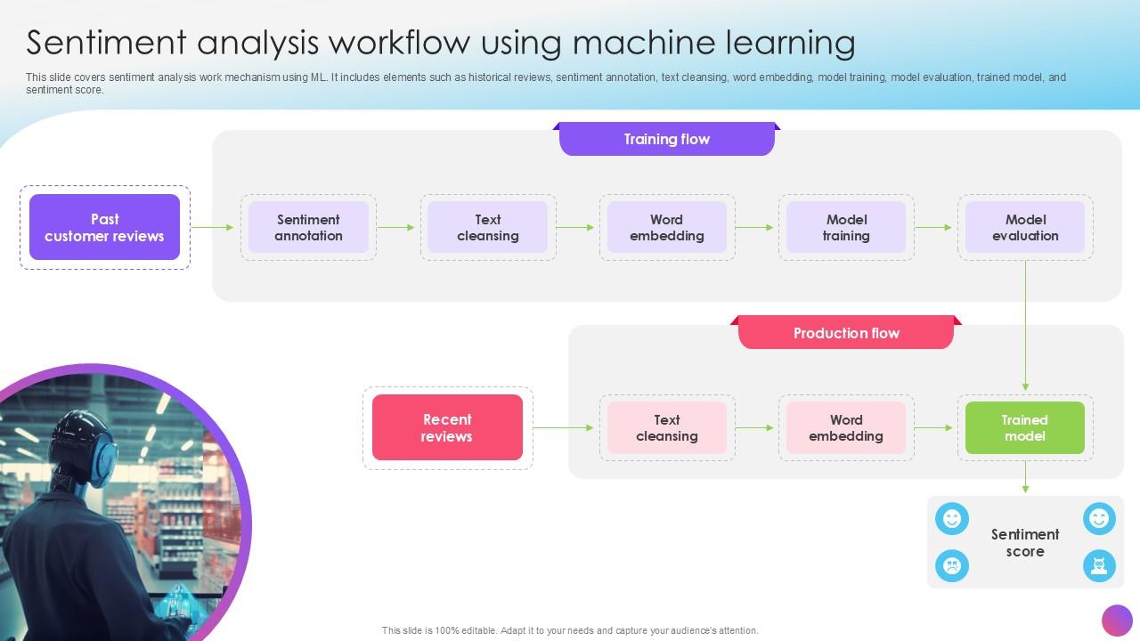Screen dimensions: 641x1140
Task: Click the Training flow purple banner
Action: pyautogui.click(x=666, y=140)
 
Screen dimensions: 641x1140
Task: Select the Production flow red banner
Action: pyautogui.click(x=846, y=333)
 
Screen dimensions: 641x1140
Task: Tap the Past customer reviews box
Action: pyautogui.click(x=104, y=228)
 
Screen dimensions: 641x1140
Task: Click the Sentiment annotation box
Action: pyautogui.click(x=308, y=228)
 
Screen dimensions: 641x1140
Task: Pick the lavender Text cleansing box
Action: pyautogui.click(x=488, y=228)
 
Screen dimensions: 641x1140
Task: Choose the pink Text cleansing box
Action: pyautogui.click(x=667, y=428)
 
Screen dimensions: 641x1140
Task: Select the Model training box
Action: pyautogui.click(x=846, y=228)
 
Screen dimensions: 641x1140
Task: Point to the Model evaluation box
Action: pyautogui.click(x=1025, y=228)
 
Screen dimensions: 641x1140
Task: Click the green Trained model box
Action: pyautogui.click(x=1025, y=428)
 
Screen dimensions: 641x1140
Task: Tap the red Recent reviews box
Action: pyautogui.click(x=447, y=428)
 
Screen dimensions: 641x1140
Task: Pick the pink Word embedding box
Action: pyautogui.click(x=846, y=428)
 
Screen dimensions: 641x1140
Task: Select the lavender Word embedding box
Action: pyautogui.click(x=667, y=228)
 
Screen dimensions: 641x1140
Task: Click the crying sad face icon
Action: pyautogui.click(x=952, y=565)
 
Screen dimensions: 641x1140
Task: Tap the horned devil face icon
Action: pyautogui.click(x=1099, y=565)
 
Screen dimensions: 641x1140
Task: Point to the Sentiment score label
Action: pyautogui.click(x=1025, y=542)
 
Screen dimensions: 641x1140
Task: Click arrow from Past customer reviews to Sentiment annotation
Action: pyautogui.click(x=214, y=228)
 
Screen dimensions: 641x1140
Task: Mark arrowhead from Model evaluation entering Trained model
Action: pyautogui.click(x=1025, y=387)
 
